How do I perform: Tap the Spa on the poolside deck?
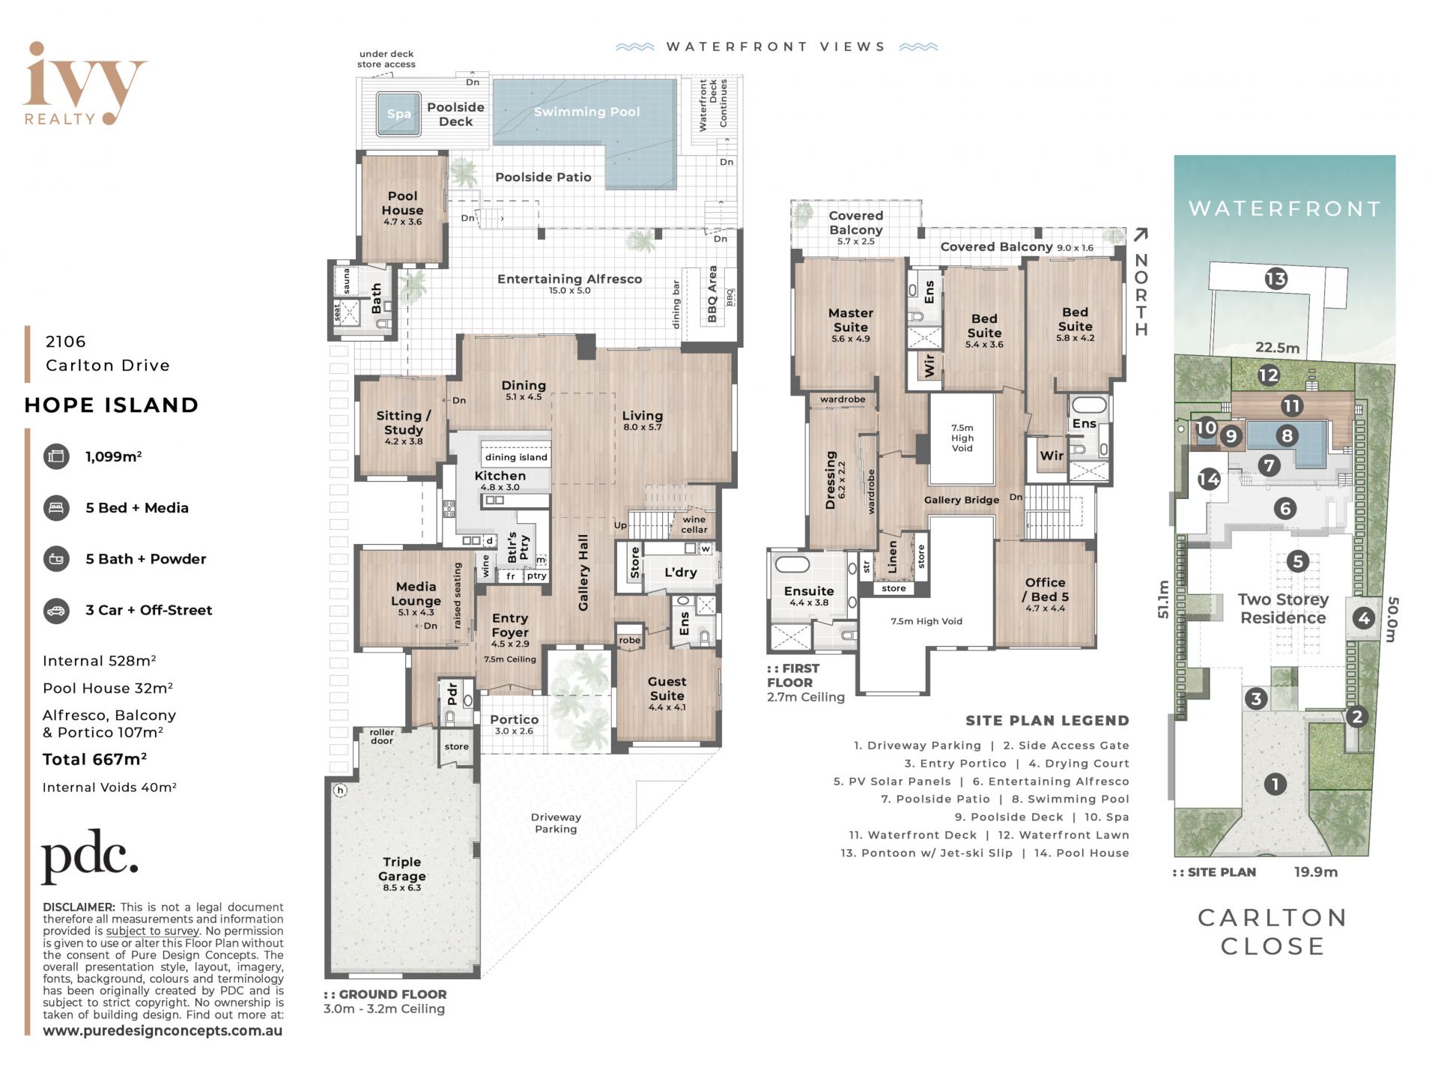click(398, 114)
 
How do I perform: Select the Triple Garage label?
click(402, 869)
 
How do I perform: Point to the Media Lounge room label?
click(416, 593)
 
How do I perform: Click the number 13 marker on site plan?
click(1275, 279)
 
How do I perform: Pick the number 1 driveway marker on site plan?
click(1275, 785)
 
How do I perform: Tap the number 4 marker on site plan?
click(1363, 618)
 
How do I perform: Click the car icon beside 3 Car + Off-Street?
click(56, 610)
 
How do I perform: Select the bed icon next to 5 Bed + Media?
click(56, 507)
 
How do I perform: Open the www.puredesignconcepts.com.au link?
click(163, 1030)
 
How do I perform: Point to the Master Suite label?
click(851, 320)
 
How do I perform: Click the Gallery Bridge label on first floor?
click(962, 500)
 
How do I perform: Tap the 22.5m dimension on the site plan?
click(1277, 348)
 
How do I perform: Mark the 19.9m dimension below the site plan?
click(1316, 872)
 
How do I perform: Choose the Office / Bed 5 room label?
click(1045, 590)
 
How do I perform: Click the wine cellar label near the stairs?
click(694, 525)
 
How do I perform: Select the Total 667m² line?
click(94, 759)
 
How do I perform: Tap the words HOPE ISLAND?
click(112, 405)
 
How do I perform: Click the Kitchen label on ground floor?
click(500, 476)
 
